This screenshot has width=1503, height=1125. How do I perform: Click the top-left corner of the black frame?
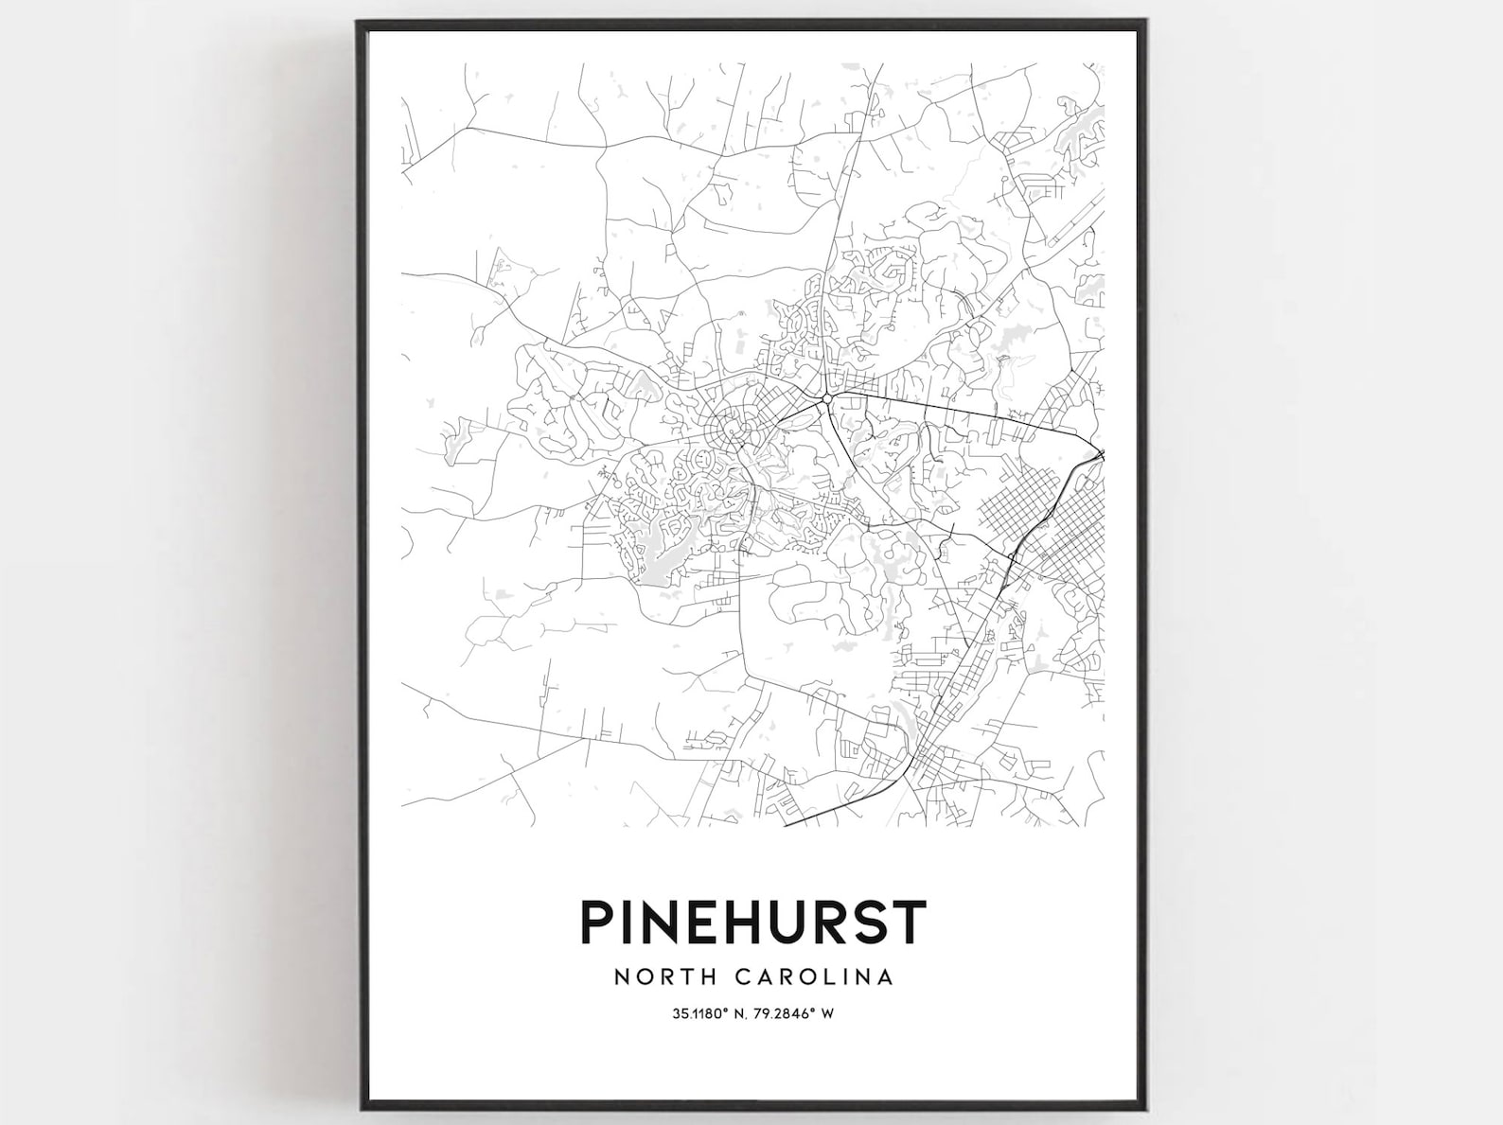[x=358, y=21]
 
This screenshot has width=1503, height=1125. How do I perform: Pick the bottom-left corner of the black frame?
[x=358, y=1104]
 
